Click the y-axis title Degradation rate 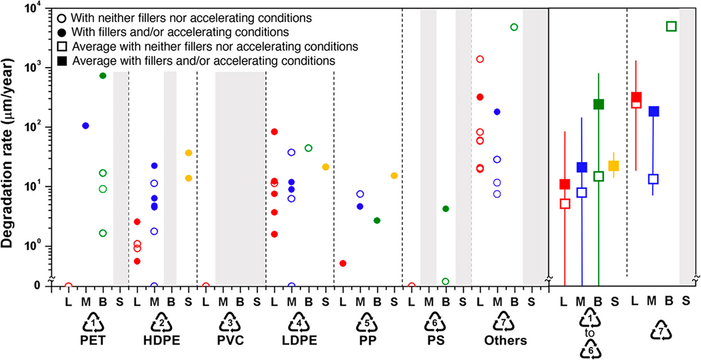click(13, 146)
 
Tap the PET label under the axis click(94, 340)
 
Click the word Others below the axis click(505, 340)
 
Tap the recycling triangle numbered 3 click(231, 323)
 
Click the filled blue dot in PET click(86, 126)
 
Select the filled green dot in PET click(103, 75)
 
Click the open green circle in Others click(514, 27)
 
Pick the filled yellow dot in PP click(394, 175)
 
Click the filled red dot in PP click(343, 263)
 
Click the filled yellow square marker click(613, 166)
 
